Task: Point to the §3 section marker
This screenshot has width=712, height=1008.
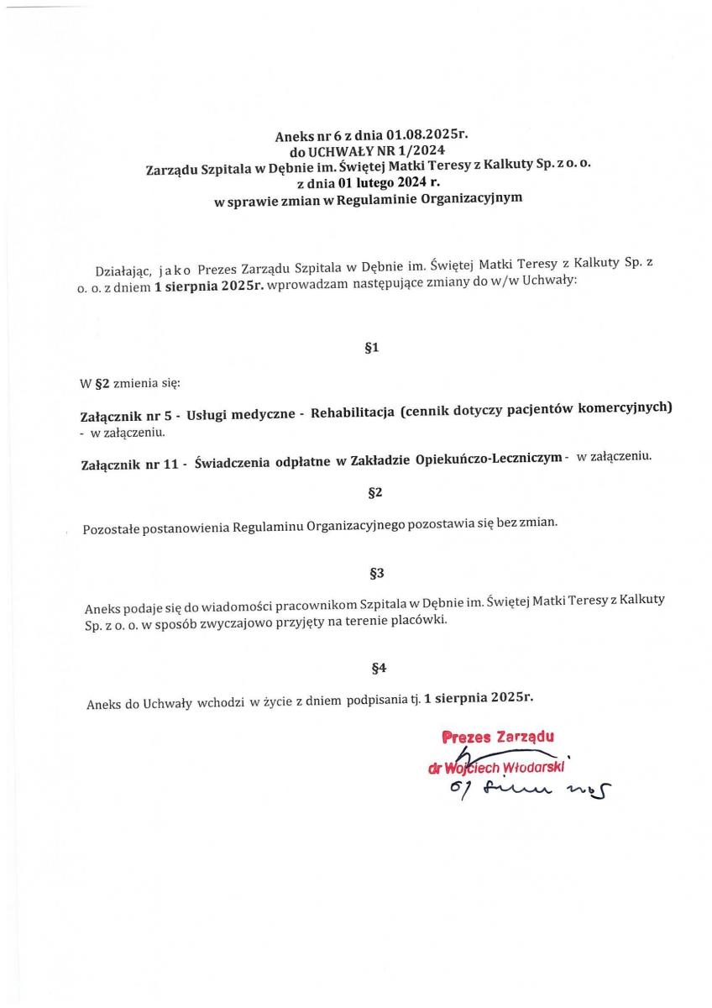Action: click(x=377, y=573)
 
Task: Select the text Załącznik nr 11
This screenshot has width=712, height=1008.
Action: click(x=130, y=463)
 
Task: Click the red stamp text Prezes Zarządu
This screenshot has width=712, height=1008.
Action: click(x=498, y=737)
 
